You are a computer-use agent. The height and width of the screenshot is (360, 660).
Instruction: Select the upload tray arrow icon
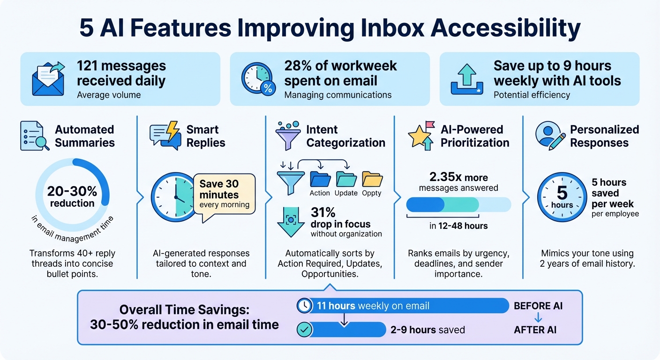tap(467, 79)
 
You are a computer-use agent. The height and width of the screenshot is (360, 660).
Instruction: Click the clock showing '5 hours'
tap(562, 197)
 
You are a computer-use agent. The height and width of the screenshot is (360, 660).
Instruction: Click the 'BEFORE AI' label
tap(538, 306)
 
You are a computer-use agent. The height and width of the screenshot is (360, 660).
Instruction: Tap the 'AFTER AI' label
tap(535, 330)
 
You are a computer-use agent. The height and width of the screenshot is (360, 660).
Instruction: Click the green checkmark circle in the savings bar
tap(305, 330)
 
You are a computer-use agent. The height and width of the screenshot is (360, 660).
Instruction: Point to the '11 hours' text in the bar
tap(336, 306)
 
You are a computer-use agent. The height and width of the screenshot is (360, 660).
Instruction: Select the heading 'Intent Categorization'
tap(345, 136)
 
